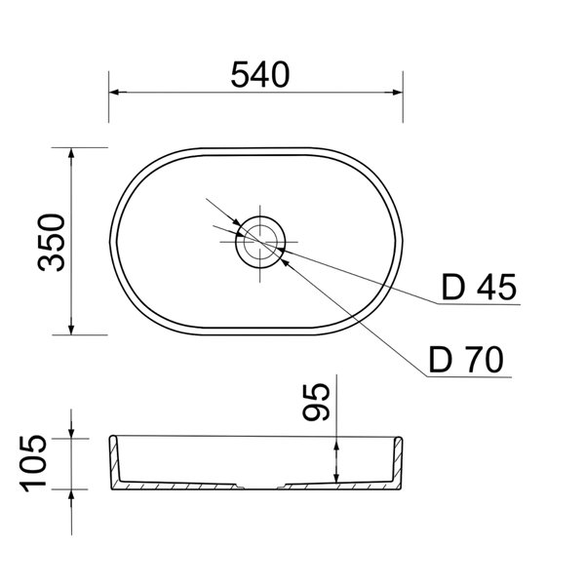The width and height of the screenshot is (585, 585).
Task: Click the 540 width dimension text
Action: click(x=260, y=75)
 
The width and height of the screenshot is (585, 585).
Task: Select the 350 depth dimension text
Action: click(x=51, y=242)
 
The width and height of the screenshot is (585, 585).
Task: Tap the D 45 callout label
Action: click(x=479, y=287)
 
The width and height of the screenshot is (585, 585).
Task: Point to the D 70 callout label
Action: click(x=466, y=359)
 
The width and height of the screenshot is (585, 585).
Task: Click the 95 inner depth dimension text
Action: click(x=316, y=403)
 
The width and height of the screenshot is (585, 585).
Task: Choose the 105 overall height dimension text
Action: click(x=33, y=463)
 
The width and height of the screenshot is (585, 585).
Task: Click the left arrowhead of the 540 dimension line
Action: click(x=118, y=93)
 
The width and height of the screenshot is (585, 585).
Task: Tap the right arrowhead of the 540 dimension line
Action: click(x=394, y=93)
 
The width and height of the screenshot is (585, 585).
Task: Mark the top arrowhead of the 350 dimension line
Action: click(x=71, y=157)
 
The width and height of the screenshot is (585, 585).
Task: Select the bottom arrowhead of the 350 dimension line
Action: click(x=71, y=326)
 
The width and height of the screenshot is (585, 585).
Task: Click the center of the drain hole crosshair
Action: click(x=260, y=242)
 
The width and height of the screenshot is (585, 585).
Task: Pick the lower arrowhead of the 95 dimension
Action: click(x=336, y=474)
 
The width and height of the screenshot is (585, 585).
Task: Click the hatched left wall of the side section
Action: click(x=115, y=462)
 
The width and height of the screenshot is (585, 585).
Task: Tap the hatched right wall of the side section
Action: click(x=397, y=462)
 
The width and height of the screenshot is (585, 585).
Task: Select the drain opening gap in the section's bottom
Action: click(x=260, y=487)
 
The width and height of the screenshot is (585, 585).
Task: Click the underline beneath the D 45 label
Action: click(x=479, y=304)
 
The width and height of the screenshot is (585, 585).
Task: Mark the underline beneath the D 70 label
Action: click(x=469, y=376)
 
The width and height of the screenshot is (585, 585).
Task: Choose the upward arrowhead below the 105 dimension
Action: click(x=71, y=498)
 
